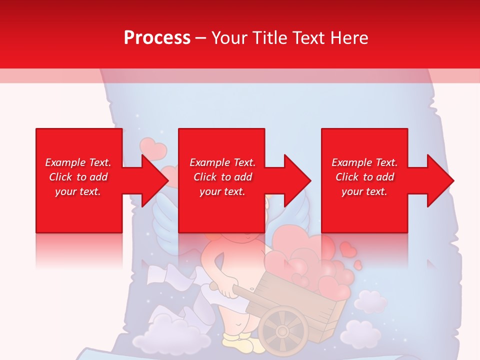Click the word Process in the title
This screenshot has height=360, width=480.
coord(157,37)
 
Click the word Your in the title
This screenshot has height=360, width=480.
coord(230,37)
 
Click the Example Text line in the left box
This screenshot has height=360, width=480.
coord(78,162)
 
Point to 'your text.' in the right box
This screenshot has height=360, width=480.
coord(364,191)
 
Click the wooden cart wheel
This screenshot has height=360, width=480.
coord(283,330)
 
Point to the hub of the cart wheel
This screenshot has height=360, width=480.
coord(283,331)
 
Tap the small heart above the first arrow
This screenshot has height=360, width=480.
coord(152,147)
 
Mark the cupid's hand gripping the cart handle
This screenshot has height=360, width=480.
coord(226,290)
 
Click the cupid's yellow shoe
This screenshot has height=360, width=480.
coord(235,344)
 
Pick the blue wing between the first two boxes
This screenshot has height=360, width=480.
coord(165,215)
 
